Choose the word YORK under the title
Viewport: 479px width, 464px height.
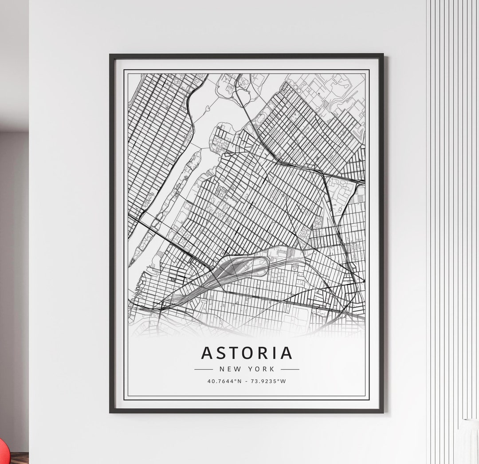tap(262, 369)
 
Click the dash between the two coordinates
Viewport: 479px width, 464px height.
tap(247, 381)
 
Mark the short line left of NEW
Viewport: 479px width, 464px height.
tap(204, 369)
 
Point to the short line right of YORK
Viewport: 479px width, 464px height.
tap(290, 369)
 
